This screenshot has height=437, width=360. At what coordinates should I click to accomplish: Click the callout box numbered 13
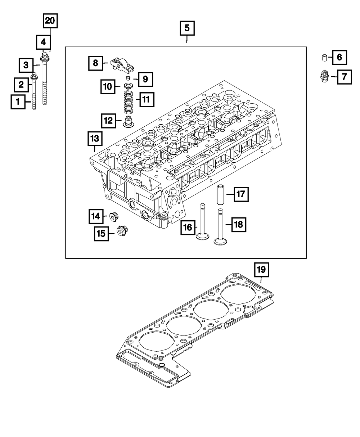pos(94,139)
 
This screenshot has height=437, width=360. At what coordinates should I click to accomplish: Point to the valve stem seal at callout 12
pos(127,121)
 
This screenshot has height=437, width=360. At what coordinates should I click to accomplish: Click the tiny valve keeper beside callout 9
pos(127,78)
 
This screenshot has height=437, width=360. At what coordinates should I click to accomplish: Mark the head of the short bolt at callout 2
pos(35,76)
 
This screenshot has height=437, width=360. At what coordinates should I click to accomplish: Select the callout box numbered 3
pos(26,65)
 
